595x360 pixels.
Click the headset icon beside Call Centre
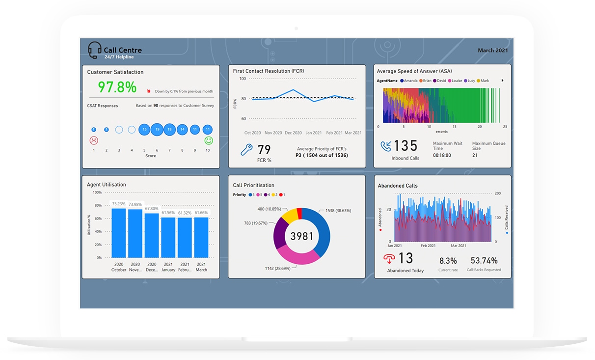(x=95, y=50)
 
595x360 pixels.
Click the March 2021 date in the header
(x=492, y=51)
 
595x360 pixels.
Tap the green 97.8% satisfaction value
(x=117, y=87)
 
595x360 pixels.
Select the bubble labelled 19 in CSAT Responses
(x=157, y=130)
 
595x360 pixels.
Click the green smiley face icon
(x=209, y=140)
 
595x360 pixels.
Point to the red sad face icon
(x=94, y=140)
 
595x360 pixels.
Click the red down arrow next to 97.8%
(x=149, y=91)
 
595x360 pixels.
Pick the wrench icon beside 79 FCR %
(x=246, y=150)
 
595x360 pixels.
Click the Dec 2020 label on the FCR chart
(x=293, y=133)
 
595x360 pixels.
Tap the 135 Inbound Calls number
(x=405, y=146)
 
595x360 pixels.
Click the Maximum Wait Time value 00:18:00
(x=442, y=155)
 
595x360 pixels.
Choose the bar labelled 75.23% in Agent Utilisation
(x=119, y=233)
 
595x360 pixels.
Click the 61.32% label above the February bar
(x=185, y=213)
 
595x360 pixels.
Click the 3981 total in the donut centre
(x=301, y=236)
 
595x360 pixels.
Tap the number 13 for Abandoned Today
(x=406, y=258)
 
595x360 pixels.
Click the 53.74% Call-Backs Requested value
(x=484, y=260)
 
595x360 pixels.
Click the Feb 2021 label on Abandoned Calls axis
(x=428, y=246)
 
